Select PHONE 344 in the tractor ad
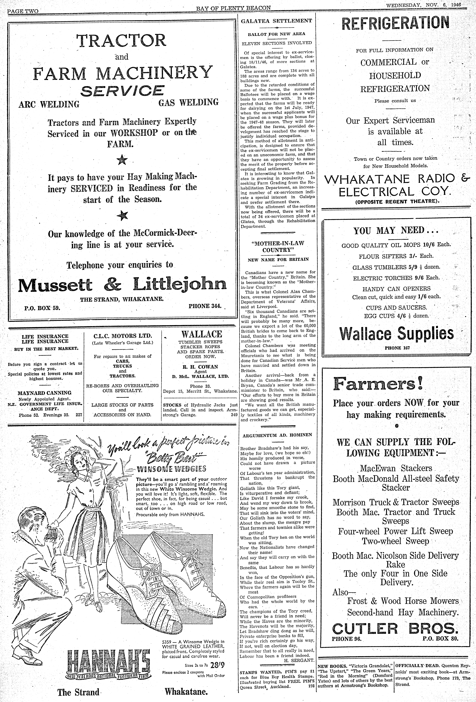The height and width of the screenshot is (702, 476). [205, 306]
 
